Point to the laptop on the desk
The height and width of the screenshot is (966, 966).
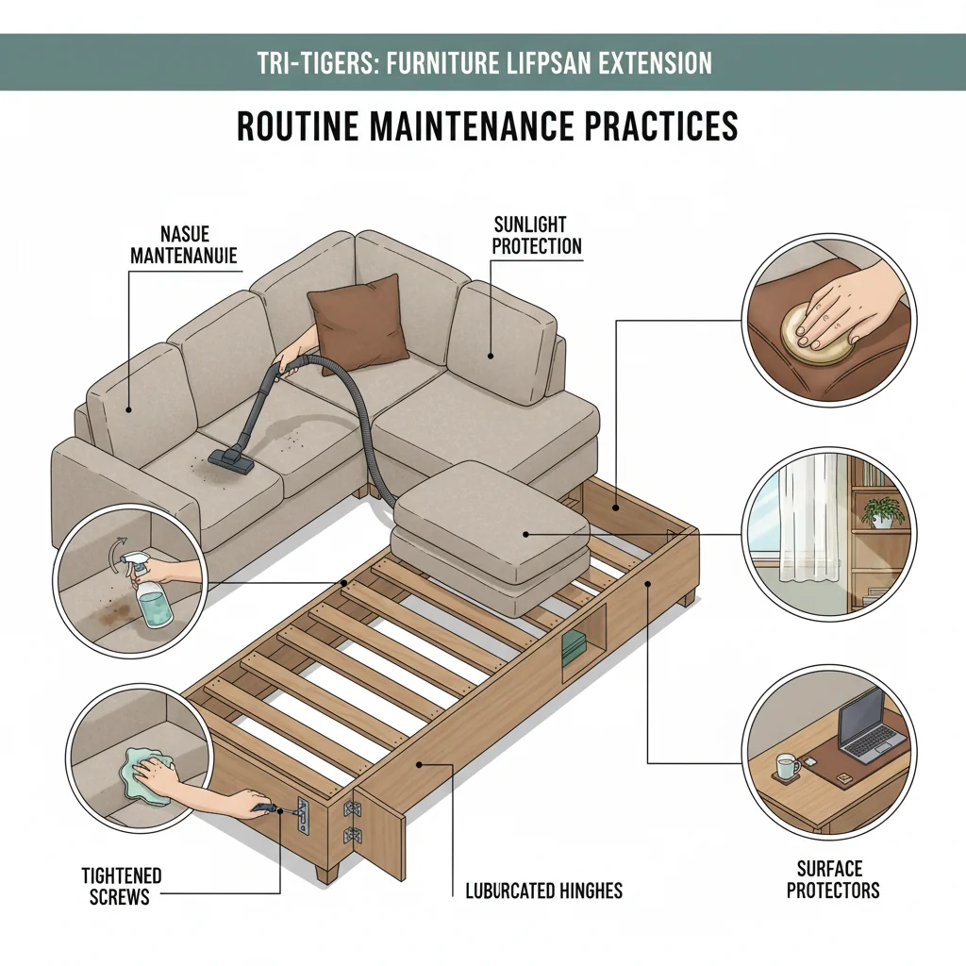870,724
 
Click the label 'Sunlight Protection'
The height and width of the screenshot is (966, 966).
538,236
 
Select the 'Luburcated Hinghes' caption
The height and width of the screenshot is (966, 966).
544,890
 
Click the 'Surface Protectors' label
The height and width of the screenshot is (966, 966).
833,878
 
